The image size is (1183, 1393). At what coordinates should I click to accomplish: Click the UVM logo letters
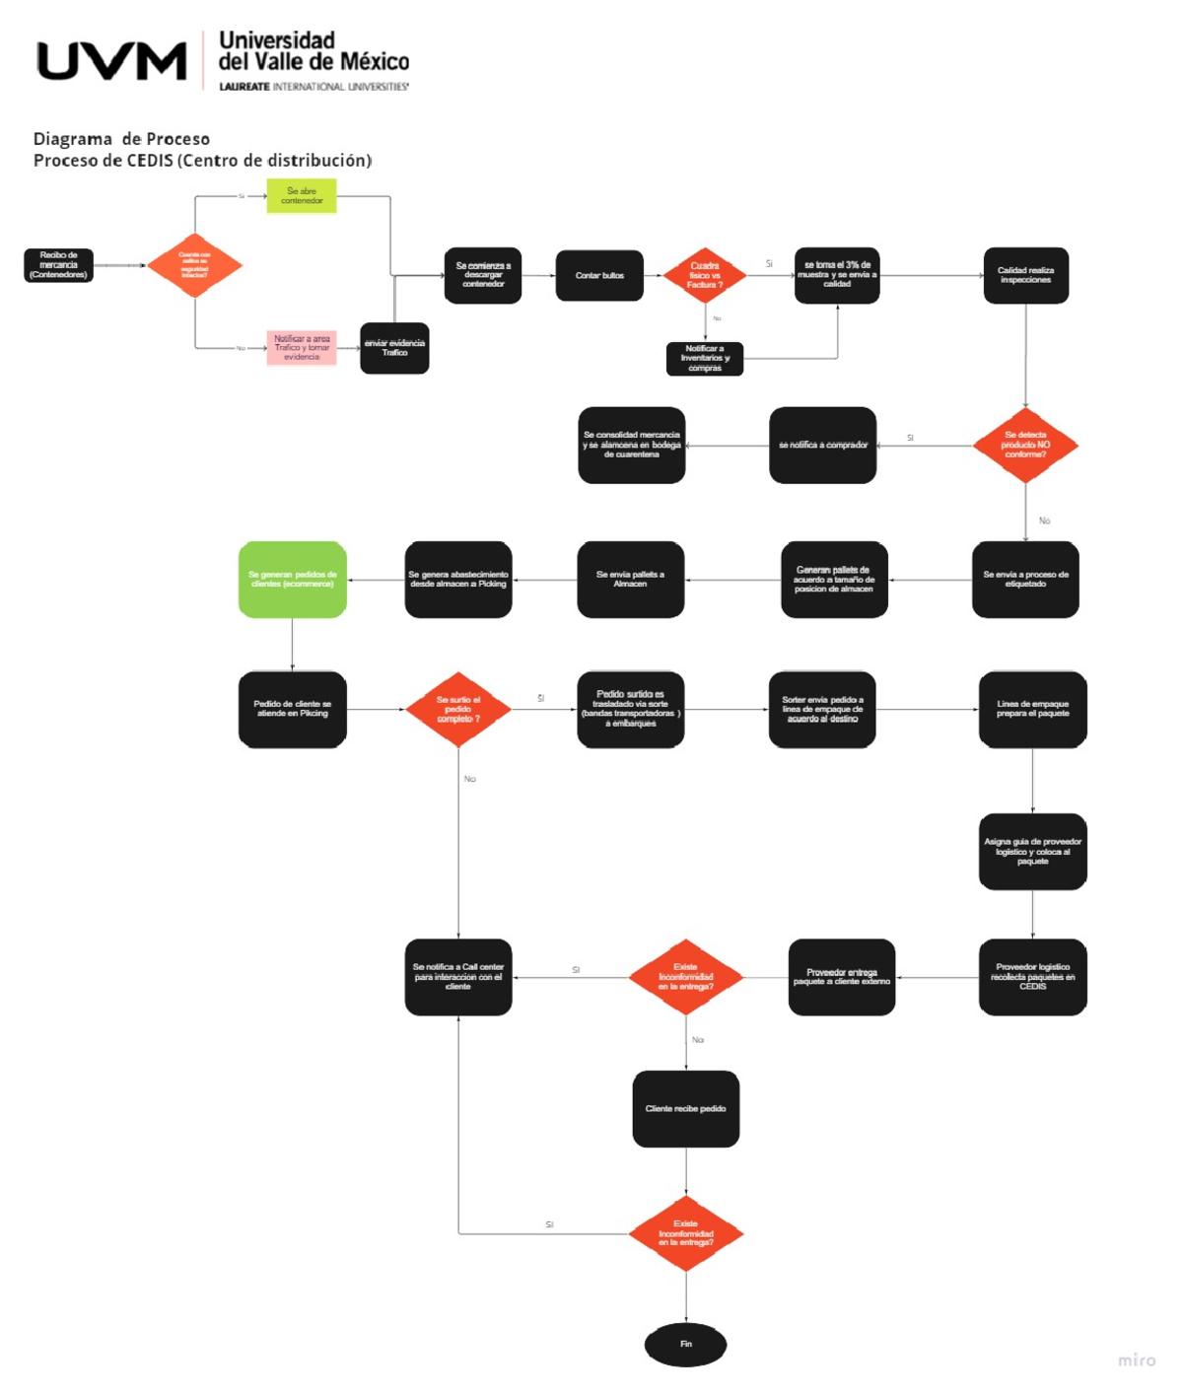[x=111, y=61]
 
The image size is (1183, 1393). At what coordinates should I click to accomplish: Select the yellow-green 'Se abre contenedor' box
[x=302, y=195]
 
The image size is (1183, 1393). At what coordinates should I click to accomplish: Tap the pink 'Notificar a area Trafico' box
[x=302, y=348]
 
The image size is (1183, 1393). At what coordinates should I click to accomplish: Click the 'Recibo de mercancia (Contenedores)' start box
[x=58, y=265]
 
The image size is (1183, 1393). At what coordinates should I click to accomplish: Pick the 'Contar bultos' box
[x=599, y=275]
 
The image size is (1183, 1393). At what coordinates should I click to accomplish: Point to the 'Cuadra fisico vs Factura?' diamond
[x=705, y=275]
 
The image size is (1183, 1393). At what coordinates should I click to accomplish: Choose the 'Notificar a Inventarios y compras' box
[x=705, y=359]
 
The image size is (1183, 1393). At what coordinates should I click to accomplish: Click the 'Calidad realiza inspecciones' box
[x=1025, y=275]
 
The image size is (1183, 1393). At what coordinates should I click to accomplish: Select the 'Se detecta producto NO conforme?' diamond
[x=1025, y=445]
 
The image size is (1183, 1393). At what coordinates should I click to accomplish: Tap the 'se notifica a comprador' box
[x=823, y=445]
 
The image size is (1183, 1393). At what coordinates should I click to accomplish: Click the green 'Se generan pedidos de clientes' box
[x=293, y=580]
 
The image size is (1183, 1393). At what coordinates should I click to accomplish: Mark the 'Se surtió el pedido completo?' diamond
[x=458, y=709]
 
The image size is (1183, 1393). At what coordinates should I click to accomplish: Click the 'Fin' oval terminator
[x=686, y=1344]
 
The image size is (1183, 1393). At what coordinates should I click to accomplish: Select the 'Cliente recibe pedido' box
[x=686, y=1108]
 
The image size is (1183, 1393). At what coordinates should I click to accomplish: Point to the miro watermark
[x=1137, y=1360]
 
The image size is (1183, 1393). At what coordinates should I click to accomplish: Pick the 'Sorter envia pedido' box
[x=822, y=709]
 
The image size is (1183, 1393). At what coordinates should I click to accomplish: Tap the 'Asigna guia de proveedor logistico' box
[x=1032, y=852]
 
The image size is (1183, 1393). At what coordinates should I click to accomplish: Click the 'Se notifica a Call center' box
[x=458, y=977]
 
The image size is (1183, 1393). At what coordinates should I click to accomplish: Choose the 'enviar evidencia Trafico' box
[x=394, y=348]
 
